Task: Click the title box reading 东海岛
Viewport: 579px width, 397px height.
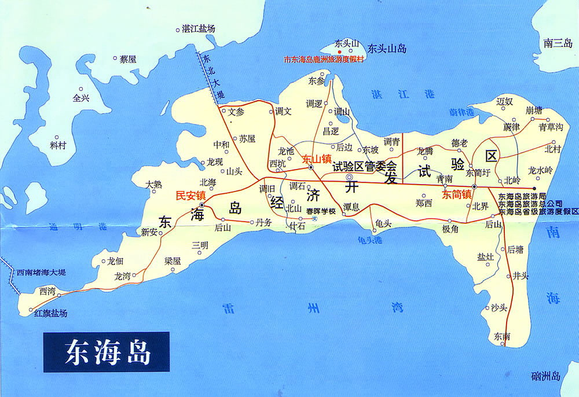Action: (107, 352)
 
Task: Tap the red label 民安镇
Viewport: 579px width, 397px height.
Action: (190, 196)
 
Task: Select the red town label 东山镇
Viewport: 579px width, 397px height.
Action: (317, 158)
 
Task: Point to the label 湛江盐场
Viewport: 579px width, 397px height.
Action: (199, 28)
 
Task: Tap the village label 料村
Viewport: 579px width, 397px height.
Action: (58, 145)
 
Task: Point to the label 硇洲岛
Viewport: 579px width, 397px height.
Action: (545, 377)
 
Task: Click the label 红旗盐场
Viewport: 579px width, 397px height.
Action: (50, 313)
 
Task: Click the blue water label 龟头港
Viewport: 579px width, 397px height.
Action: (370, 239)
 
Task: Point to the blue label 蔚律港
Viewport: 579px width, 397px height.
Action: (461, 111)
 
